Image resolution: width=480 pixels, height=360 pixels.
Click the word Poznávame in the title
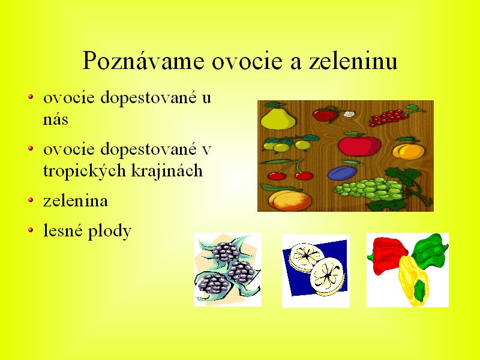coord(143,61)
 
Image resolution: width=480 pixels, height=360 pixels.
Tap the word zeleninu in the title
coord(353,60)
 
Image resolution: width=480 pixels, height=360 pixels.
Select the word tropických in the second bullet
coord(85,171)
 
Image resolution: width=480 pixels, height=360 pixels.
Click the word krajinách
coord(167,170)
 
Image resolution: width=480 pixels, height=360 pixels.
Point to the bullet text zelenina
coord(76,201)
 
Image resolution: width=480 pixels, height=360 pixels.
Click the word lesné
coord(63,230)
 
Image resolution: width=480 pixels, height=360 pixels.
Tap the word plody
coord(110,231)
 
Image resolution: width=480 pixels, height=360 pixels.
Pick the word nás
coord(55,119)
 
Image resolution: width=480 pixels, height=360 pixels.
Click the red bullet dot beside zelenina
coord(31,200)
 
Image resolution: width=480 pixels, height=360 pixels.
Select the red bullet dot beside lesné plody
coord(31,230)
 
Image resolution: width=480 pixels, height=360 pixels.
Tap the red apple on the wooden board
coord(359,145)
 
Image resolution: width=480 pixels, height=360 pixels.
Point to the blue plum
coord(342,173)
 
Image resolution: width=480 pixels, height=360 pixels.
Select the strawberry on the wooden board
coord(326,115)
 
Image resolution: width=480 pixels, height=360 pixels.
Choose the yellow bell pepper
coord(414,281)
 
